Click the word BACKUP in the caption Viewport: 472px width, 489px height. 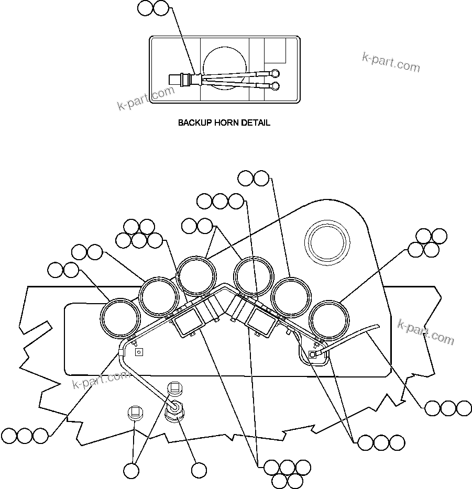(194, 123)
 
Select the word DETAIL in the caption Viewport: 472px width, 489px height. (256, 123)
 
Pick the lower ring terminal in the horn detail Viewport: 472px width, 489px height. (276, 85)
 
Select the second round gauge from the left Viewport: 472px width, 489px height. (159, 298)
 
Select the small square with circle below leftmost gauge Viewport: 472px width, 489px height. (138, 352)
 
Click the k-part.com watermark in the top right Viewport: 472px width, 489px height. (391, 62)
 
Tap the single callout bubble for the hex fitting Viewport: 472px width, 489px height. (199, 470)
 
